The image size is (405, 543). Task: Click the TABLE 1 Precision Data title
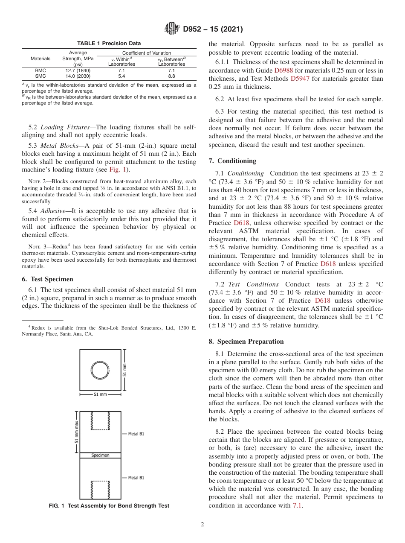109,44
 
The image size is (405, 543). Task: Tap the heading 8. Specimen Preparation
246,342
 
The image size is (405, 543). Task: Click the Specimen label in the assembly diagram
100,455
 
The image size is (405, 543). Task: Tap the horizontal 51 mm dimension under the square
100,394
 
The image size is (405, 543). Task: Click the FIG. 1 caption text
109,505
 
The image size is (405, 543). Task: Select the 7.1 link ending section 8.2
297,505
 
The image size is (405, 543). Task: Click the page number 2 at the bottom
202,525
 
